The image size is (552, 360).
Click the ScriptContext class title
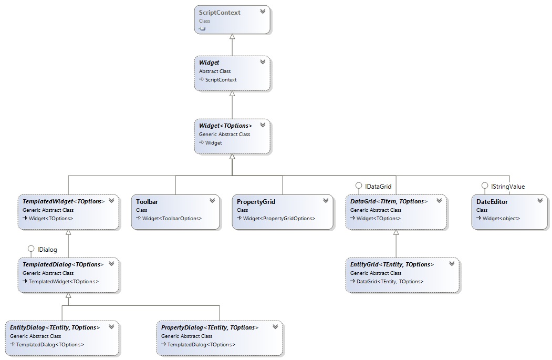(220, 13)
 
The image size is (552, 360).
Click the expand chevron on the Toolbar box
(212, 200)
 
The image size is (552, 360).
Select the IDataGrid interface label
(378, 186)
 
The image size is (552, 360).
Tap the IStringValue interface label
(507, 186)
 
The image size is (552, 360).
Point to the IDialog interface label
(47, 249)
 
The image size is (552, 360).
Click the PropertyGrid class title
(256, 202)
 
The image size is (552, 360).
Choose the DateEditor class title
(492, 202)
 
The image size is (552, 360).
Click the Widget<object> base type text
(501, 218)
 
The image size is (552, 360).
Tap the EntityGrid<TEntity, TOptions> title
(392, 264)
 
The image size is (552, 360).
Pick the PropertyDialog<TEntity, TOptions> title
(210, 327)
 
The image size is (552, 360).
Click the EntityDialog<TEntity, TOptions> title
(55, 327)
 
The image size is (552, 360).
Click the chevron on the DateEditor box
(540, 200)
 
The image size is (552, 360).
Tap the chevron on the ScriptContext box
(263, 11)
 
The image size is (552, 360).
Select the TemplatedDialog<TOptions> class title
(63, 264)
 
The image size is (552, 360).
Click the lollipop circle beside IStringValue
(485, 186)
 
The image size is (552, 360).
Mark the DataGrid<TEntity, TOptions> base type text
(390, 282)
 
